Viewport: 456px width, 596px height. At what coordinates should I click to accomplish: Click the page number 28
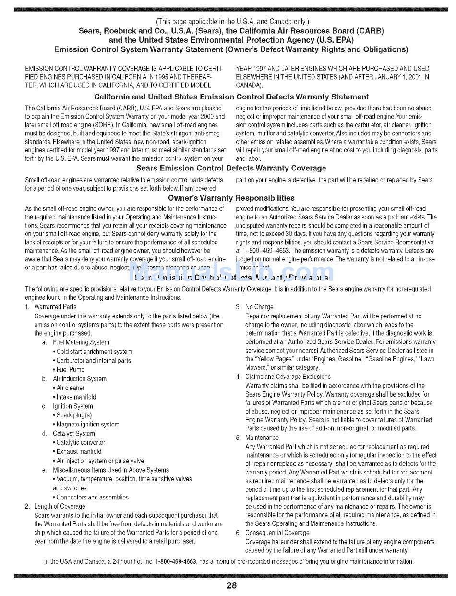(x=231, y=585)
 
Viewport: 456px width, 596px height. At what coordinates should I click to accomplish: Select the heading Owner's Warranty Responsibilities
(x=231, y=198)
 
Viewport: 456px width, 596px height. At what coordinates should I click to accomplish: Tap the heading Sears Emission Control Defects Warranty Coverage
(x=231, y=168)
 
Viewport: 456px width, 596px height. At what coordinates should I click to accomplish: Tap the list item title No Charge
(x=259, y=307)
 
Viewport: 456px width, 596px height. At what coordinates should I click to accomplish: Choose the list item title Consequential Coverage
(x=277, y=533)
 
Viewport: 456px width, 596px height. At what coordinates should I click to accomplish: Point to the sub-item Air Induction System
(x=80, y=378)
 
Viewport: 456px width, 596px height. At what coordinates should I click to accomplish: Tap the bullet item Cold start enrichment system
(x=94, y=352)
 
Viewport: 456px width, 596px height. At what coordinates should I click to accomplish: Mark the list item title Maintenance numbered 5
(x=262, y=438)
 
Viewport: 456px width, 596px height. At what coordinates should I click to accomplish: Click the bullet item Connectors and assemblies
(x=92, y=497)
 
